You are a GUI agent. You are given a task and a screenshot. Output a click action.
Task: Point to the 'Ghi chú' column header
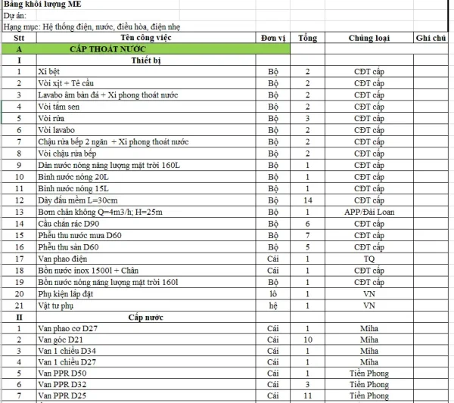pos(431,37)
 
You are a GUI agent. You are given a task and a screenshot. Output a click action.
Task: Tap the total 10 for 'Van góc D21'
pos(307,340)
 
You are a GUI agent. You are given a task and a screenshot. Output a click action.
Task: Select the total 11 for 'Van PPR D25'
pos(307,395)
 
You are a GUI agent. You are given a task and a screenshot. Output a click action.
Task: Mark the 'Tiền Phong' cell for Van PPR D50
pos(368,373)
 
